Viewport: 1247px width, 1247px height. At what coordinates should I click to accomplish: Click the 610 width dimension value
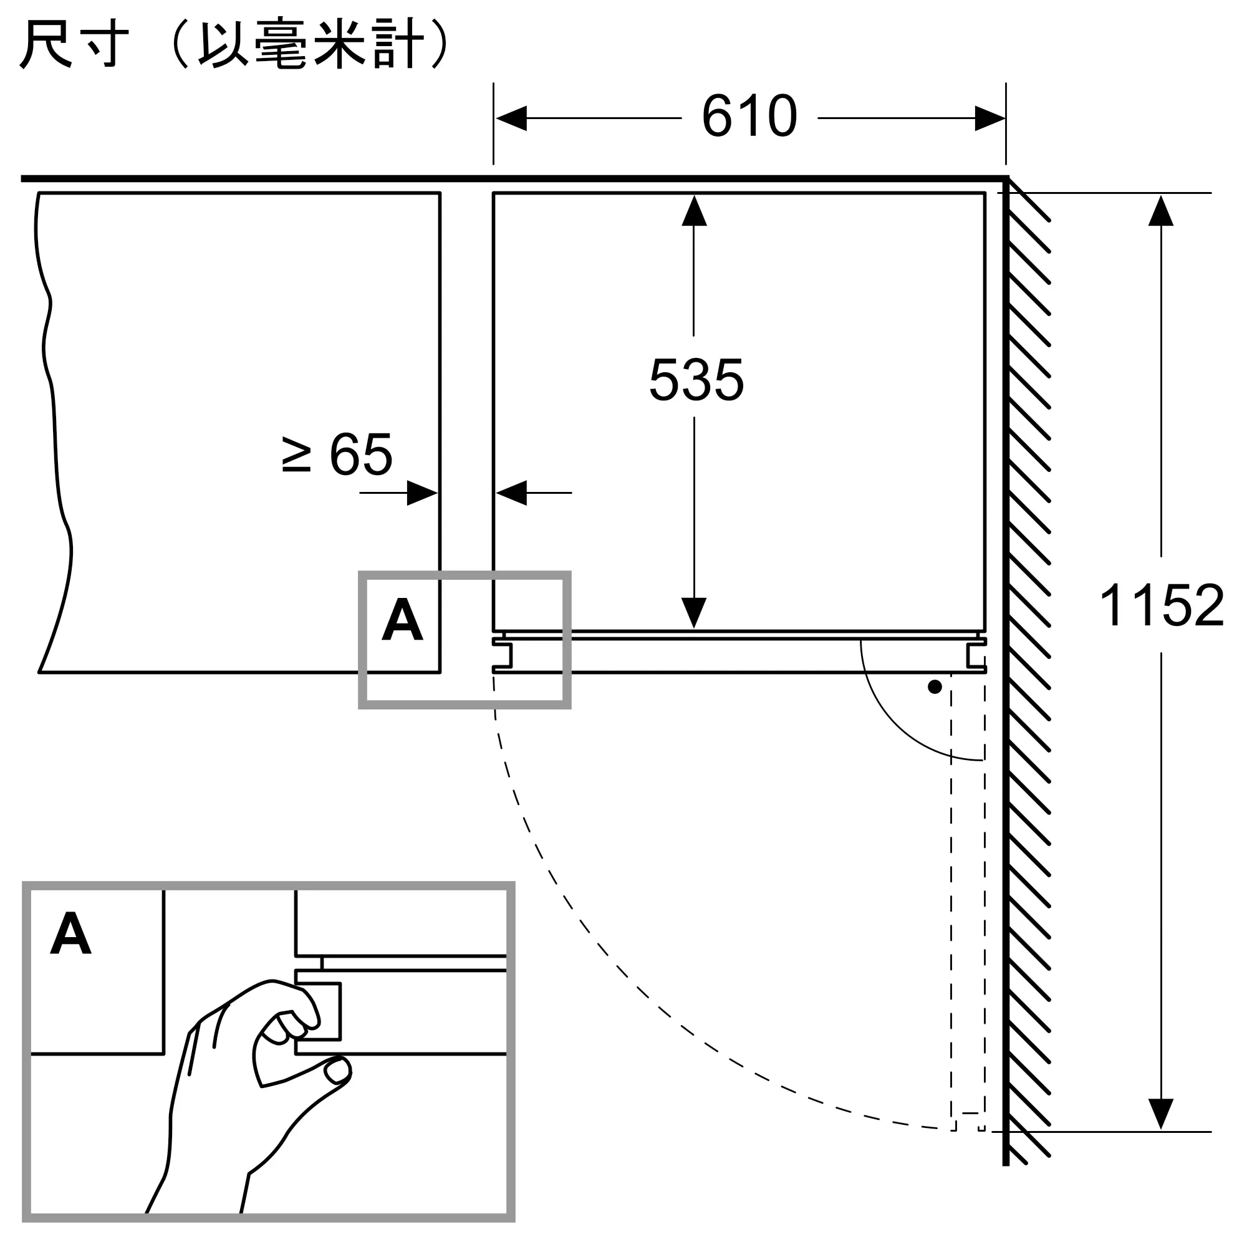click(749, 116)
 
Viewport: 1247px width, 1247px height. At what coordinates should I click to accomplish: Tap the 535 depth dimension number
click(696, 380)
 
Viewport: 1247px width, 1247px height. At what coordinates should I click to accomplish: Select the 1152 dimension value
click(1161, 605)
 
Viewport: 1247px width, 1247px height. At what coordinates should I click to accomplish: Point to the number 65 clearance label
click(361, 455)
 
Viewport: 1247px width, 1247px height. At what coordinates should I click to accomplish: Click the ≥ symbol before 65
click(297, 455)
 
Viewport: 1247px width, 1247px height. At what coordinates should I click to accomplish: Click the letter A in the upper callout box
click(402, 619)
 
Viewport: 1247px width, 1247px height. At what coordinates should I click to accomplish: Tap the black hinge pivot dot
click(935, 687)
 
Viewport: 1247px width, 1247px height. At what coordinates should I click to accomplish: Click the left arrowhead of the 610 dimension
click(511, 118)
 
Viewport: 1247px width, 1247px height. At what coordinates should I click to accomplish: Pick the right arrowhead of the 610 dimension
click(990, 118)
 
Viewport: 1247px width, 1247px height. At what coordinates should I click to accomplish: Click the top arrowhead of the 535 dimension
click(694, 210)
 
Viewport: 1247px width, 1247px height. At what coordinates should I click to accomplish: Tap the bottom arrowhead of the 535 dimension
click(694, 613)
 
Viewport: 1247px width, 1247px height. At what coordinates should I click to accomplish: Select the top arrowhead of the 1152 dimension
click(1160, 210)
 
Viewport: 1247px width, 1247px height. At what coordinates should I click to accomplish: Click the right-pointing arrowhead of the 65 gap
click(423, 493)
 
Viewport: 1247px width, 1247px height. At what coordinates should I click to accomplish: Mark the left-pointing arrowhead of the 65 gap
click(511, 493)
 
